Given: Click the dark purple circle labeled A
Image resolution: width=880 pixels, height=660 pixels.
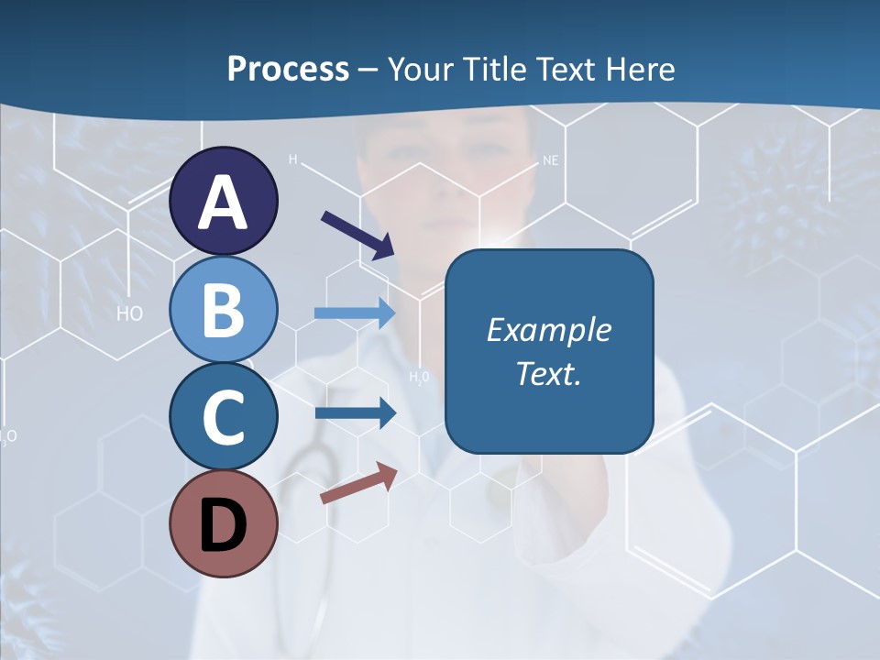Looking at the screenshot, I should pos(224,201).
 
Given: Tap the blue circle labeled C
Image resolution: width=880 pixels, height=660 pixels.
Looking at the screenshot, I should pos(224,417).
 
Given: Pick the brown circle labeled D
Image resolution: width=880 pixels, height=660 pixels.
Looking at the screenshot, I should pos(224,524).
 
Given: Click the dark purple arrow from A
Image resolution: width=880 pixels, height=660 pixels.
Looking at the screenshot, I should pos(358,235).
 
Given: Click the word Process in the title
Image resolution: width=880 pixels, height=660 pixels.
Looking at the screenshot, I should pos(288,69).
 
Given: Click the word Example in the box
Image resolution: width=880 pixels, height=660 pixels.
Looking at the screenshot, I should pos(548,330).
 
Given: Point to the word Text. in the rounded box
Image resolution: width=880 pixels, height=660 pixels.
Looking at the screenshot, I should pos(548,373).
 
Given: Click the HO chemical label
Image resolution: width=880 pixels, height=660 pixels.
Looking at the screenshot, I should pos(130,313).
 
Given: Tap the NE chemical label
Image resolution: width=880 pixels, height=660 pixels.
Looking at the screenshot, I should pos(550,160).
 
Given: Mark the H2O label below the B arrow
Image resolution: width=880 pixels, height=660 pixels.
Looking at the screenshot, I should pos(419,377).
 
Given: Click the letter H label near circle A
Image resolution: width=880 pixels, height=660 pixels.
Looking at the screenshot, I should pos(293,159).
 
